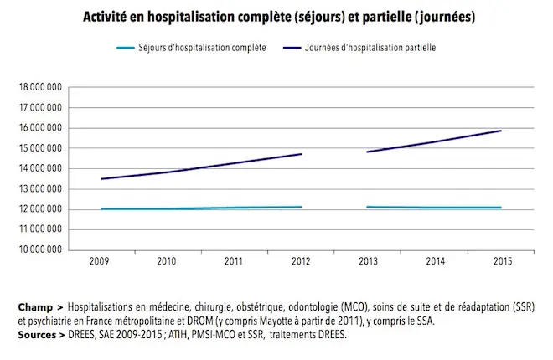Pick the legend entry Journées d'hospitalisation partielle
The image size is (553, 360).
(369, 48)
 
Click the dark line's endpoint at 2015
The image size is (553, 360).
(501, 131)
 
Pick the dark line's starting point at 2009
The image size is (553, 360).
(101, 179)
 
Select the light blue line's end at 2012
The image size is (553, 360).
(301, 207)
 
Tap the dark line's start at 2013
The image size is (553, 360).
(367, 152)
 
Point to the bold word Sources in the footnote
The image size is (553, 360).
(37, 334)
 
